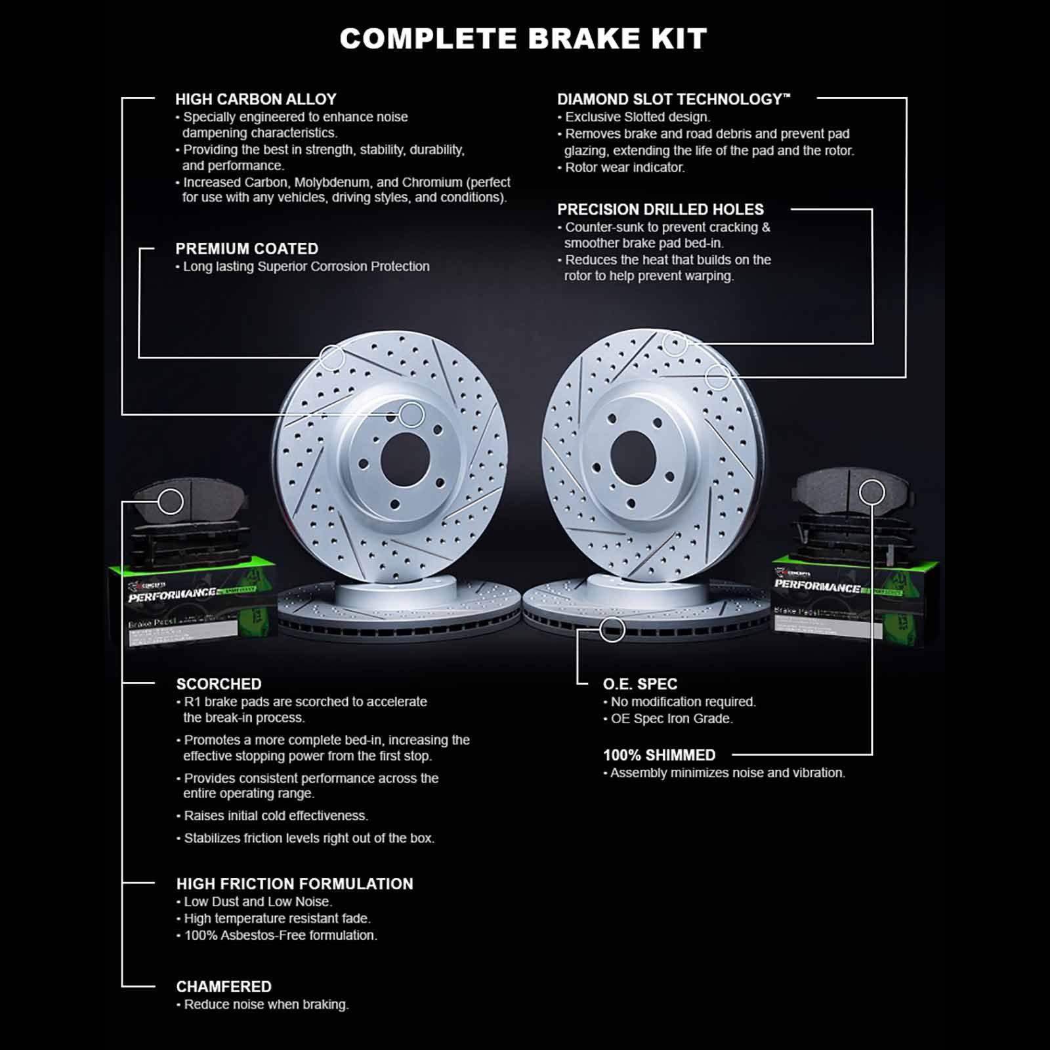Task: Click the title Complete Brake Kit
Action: coord(523,39)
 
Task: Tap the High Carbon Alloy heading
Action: coord(255,99)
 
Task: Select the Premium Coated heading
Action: coord(247,249)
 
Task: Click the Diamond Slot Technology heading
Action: coord(673,99)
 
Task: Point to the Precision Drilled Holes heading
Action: coord(660,209)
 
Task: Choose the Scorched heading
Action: coord(219,684)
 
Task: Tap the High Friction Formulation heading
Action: coord(295,884)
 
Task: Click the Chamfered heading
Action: coord(224,987)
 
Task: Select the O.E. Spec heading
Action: coord(640,684)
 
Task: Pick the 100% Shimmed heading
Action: coord(659,755)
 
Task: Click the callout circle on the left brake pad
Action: coord(171,502)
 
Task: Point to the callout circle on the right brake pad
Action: coord(871,492)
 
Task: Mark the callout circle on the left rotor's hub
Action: coord(411,414)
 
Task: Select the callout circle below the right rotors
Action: coord(612,630)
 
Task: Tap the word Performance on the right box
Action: coord(817,585)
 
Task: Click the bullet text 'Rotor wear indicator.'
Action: coord(624,167)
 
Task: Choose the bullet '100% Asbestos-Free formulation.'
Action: coord(280,935)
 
